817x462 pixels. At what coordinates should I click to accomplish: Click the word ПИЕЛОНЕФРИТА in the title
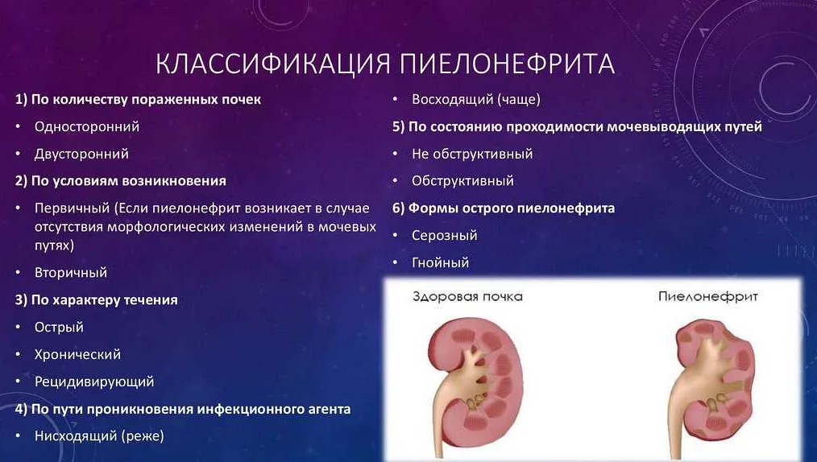point(507,64)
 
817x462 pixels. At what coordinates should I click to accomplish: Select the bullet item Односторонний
point(87,126)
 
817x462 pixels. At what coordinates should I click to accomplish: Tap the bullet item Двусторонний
point(81,154)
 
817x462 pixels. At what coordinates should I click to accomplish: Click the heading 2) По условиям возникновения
point(121,181)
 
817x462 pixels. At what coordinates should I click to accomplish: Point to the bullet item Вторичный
point(71,272)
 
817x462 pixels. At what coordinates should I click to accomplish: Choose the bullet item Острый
point(59,328)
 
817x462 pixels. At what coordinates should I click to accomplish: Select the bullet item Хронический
point(77,354)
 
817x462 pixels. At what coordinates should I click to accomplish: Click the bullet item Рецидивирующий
point(94,382)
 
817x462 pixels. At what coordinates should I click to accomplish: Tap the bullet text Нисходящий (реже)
point(99,436)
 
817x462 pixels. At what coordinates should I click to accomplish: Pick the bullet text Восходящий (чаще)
point(475,99)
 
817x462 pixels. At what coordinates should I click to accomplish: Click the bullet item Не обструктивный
point(472,154)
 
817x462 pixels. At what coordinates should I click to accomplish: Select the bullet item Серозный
point(445,235)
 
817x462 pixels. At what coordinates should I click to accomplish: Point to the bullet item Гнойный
point(440,262)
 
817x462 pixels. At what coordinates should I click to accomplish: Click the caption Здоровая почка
point(467,296)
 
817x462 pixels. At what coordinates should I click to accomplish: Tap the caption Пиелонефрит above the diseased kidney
point(707,296)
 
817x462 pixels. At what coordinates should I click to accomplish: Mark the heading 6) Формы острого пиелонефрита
point(504,208)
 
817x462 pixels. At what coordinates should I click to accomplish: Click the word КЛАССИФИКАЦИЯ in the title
point(274,64)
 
